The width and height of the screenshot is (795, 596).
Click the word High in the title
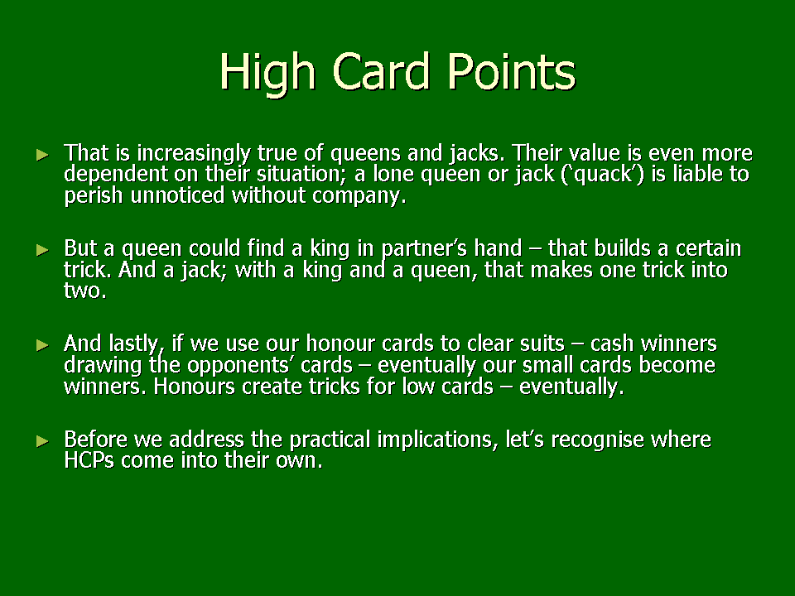point(268,73)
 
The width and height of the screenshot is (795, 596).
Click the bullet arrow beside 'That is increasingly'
point(42,155)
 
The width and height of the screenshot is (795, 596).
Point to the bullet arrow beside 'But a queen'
point(42,250)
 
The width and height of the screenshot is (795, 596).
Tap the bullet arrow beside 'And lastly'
point(42,345)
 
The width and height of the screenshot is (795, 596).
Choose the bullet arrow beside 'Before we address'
point(42,441)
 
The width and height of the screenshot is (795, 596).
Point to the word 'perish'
point(94,196)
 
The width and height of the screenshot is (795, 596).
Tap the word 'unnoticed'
point(177,195)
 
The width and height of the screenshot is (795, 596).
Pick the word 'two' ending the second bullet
point(84,291)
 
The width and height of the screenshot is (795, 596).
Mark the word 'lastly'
point(137,345)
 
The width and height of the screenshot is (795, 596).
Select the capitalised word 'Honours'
point(195,387)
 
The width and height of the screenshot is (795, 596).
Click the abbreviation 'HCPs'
point(89,461)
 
